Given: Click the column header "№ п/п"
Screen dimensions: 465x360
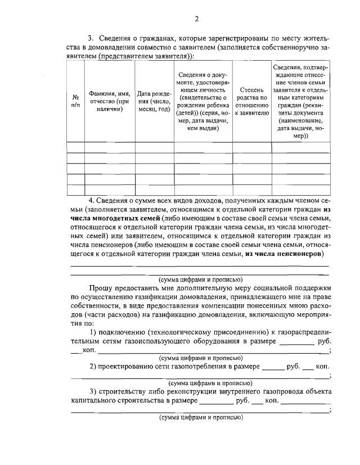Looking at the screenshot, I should [75, 101].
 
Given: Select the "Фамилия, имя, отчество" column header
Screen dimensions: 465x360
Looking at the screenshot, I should [110, 101].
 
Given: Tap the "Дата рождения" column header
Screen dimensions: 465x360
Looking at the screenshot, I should [154, 101].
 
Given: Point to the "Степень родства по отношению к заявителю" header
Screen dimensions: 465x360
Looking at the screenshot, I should [251, 101].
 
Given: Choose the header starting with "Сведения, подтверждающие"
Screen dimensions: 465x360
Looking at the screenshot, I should [301, 101].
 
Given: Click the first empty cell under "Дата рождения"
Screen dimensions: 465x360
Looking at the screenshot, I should [154, 148].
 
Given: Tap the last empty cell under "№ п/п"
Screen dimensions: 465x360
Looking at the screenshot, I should [75, 189].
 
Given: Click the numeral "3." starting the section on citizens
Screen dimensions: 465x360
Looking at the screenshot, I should [91, 38].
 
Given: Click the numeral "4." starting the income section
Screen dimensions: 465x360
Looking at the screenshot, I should [92, 201].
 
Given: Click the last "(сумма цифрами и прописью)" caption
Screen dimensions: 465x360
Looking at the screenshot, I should [200, 418].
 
